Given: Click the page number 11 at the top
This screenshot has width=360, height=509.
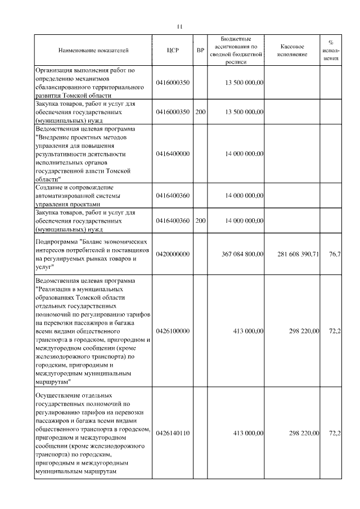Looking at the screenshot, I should pos(179,26).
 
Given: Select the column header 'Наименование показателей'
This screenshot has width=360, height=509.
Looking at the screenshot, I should pos(93,51).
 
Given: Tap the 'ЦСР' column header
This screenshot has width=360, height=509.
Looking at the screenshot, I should pos(173,51).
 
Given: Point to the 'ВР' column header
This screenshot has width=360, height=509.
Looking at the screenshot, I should pos(200,51).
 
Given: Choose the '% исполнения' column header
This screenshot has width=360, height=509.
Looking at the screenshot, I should pos(331,50).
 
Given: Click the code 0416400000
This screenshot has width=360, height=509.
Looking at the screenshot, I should pos(173,153).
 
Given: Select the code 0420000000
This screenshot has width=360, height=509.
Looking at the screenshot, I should pos(173,254).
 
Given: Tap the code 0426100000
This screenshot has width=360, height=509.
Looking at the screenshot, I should pos(173,331).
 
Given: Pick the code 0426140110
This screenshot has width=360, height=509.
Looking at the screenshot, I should pos(173,433).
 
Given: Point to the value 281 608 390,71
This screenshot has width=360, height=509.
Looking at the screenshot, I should pos(299,254).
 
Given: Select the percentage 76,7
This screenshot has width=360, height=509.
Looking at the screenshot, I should pos(334,254).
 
